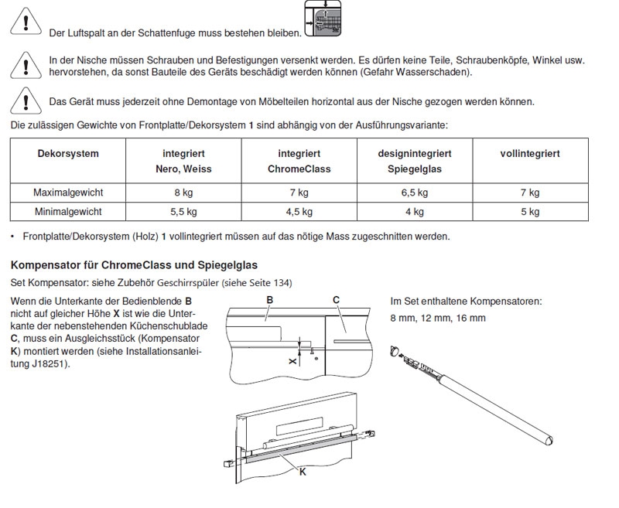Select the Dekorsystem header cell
click(x=68, y=154)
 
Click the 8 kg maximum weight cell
click(x=183, y=193)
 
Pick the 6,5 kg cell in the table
click(x=414, y=193)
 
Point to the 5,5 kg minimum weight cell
click(x=183, y=211)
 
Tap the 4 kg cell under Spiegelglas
click(x=414, y=211)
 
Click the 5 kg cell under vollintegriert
click(x=530, y=211)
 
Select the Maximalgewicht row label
click(x=68, y=193)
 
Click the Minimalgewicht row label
click(x=68, y=211)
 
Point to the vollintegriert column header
click(x=530, y=154)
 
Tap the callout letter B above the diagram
click(x=269, y=299)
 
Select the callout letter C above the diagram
click(x=336, y=299)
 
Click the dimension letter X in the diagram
click(x=292, y=360)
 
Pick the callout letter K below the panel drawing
click(x=302, y=471)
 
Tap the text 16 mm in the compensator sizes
click(x=471, y=318)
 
